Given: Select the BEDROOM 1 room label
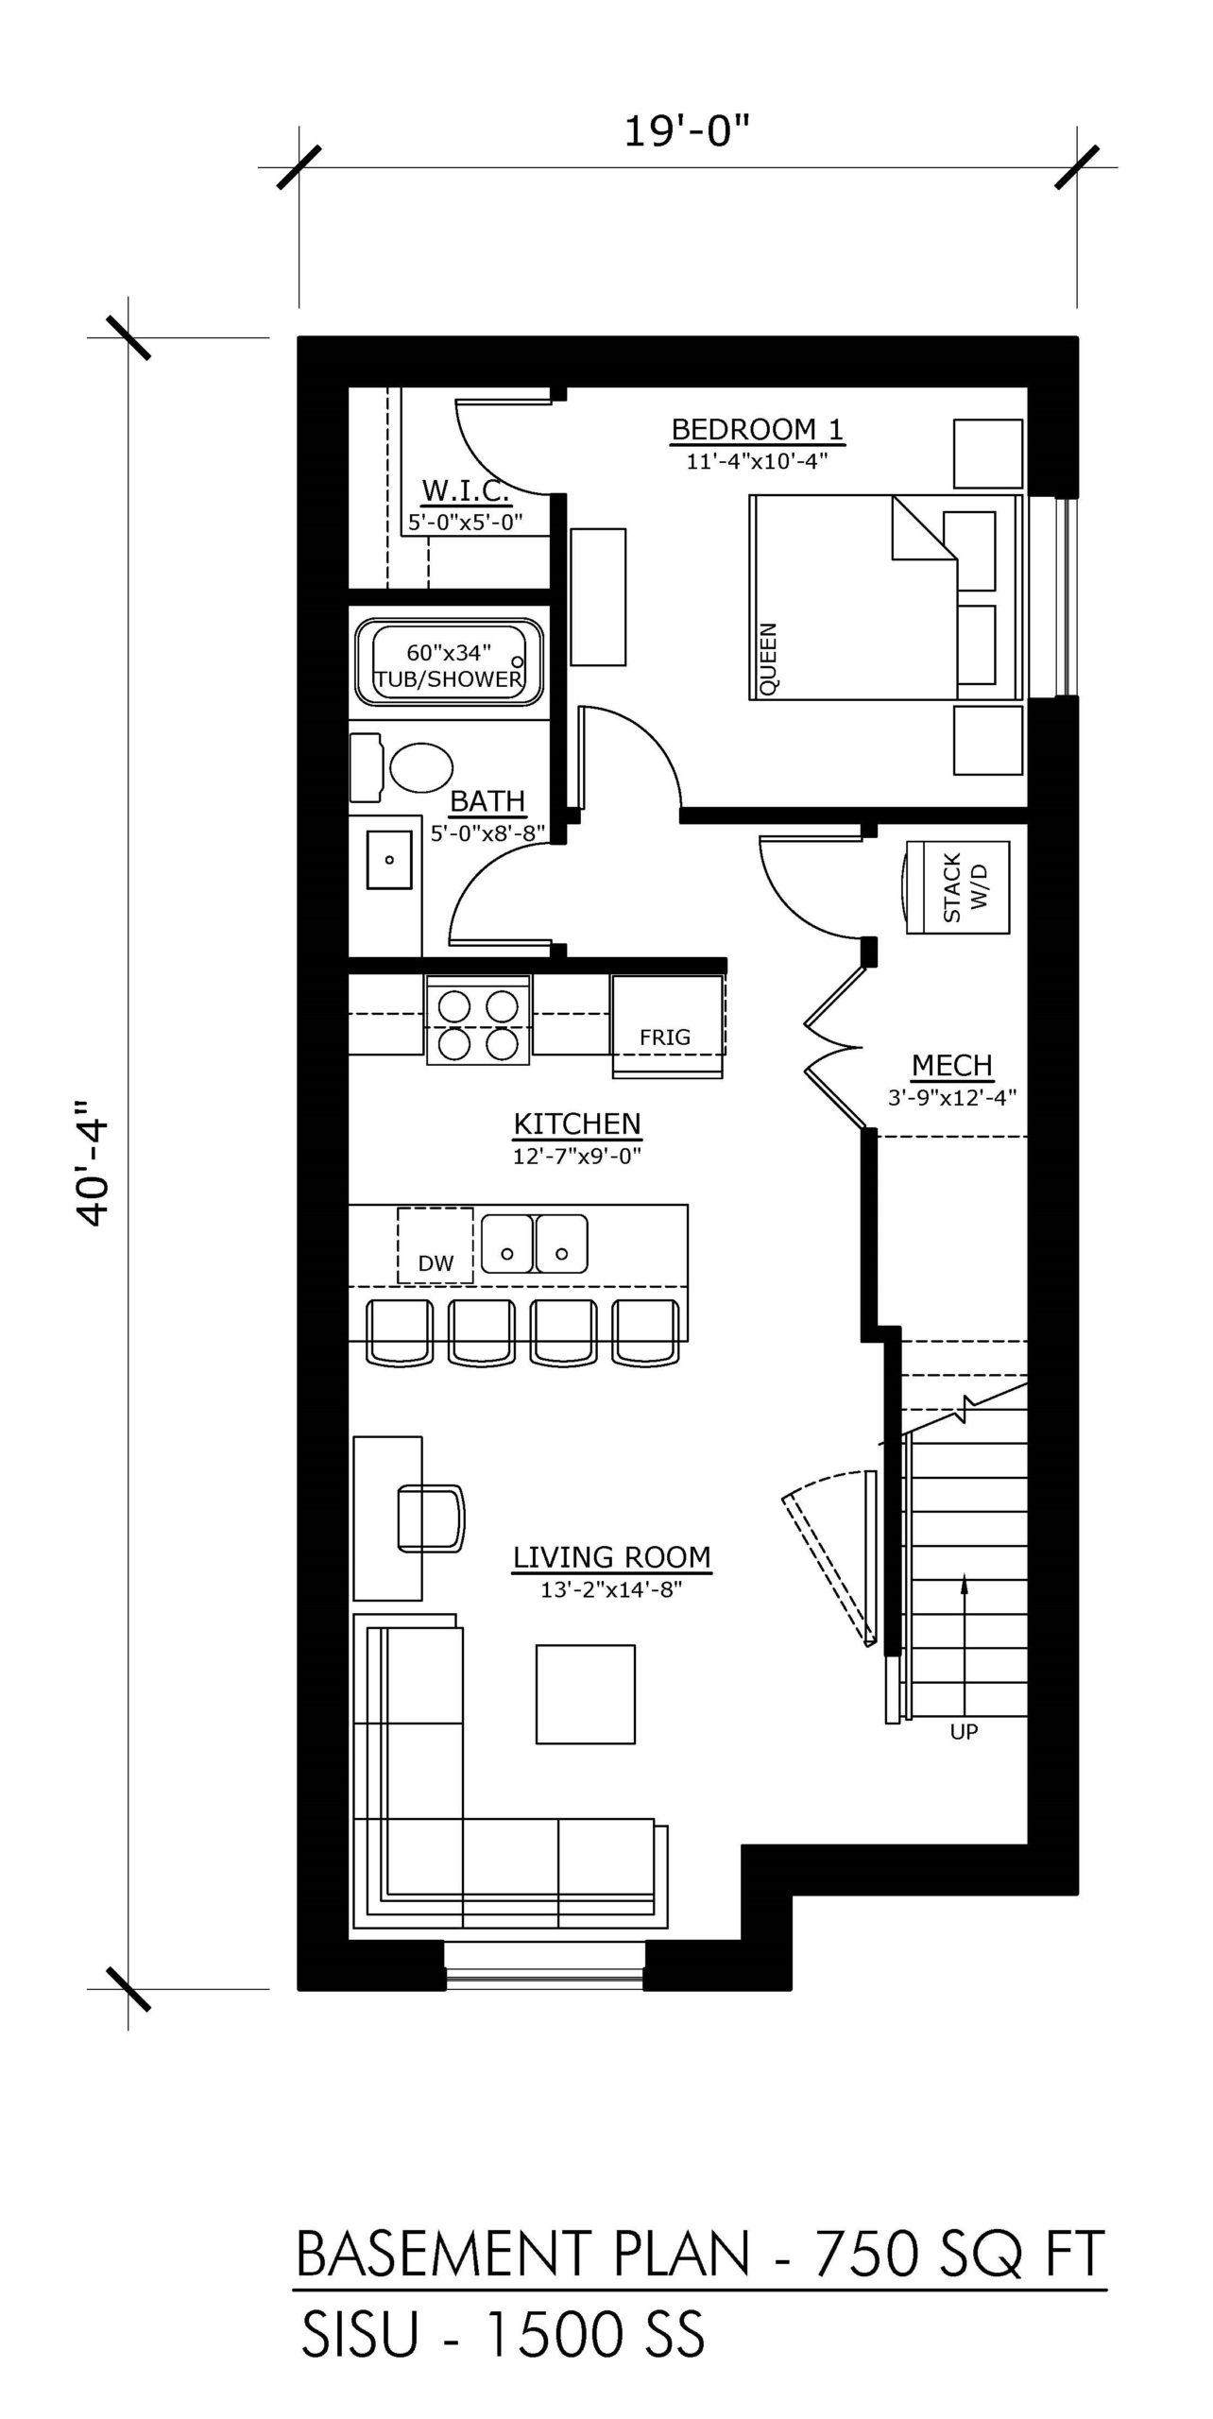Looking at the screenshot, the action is coord(758,429).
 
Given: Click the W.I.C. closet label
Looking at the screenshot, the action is coord(466,489).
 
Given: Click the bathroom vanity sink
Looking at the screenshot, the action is coord(388,860).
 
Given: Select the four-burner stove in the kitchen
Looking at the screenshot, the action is coord(479,1021).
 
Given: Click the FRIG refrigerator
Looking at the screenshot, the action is coord(668,1025).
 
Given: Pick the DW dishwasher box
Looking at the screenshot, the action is coord(436,1244).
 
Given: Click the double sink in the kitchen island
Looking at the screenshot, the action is coord(535,1244).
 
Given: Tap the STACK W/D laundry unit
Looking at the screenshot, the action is coord(957,887).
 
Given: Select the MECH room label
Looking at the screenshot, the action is coord(952,1065).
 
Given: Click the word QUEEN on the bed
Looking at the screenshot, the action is coord(768,659).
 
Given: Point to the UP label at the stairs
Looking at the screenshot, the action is coord(964,1732).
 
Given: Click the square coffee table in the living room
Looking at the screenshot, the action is coord(586,1694).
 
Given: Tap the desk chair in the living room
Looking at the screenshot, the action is coord(432,1518).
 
